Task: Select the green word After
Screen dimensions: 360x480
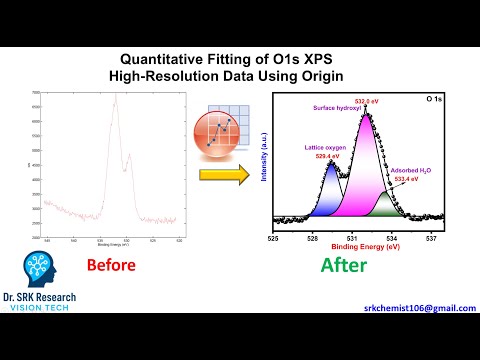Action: [343, 265]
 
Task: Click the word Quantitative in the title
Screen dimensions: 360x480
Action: [171, 57]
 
